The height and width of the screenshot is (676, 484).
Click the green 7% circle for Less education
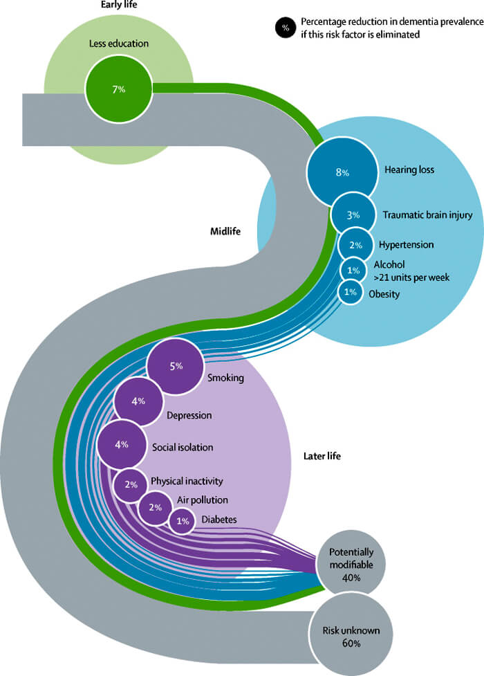[118, 89]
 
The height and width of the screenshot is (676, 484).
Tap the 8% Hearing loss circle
[342, 172]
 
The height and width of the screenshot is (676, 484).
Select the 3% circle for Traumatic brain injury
[353, 215]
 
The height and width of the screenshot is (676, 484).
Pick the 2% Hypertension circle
[355, 245]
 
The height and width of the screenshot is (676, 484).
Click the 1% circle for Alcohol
[353, 270]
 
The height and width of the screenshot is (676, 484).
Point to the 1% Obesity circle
[351, 292]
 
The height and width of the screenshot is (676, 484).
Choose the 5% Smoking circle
[175, 366]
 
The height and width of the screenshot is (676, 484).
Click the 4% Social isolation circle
[122, 444]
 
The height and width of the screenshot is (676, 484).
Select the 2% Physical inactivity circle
[131, 484]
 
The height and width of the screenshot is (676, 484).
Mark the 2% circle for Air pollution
[155, 507]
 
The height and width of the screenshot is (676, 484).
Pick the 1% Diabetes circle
[183, 521]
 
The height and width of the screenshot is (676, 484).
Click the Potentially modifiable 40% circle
[351, 562]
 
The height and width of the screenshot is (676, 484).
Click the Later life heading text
[322, 456]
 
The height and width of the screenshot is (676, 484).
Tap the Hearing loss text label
[409, 170]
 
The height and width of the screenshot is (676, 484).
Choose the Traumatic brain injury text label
[427, 215]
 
